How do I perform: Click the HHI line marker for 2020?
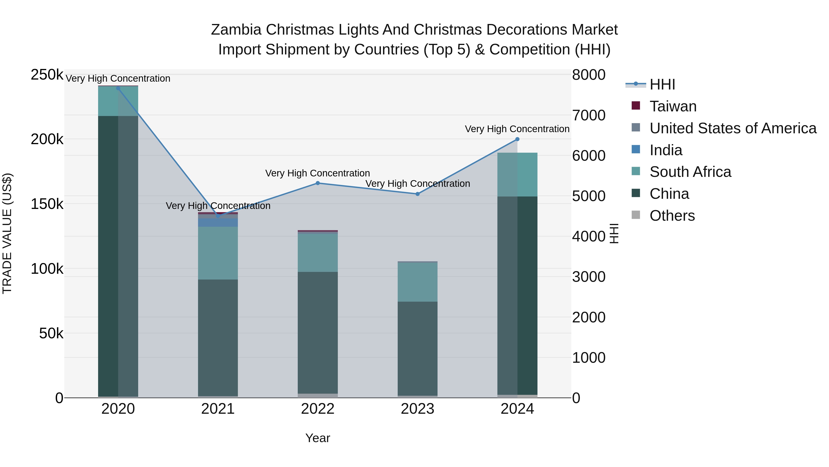pos(118,88)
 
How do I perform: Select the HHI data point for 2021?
pos(218,216)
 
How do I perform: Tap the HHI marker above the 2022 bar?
pos(318,183)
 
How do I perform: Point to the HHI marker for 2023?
pos(417,194)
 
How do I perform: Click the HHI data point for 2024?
pos(517,139)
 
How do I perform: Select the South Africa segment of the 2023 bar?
pos(417,282)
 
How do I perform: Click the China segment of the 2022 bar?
pos(318,332)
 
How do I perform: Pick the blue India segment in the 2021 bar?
pos(218,222)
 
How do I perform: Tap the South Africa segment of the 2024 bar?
pos(517,174)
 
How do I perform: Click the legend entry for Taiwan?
pos(673,106)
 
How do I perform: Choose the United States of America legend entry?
pos(733,128)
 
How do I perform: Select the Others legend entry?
pos(672,216)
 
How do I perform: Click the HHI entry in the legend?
pos(662,84)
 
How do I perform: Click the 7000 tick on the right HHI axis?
pos(589,115)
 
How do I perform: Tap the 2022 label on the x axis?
pos(318,409)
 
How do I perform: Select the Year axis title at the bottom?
pos(318,438)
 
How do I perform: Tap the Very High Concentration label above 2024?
pos(517,129)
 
